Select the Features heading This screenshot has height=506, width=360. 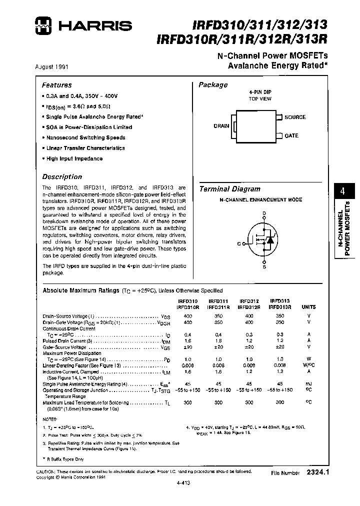coord(56,85)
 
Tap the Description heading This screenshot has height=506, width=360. coord(62,176)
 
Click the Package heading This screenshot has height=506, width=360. coord(213,85)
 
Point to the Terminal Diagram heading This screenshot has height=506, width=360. coord(229,189)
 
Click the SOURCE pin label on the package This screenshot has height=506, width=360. coord(295,117)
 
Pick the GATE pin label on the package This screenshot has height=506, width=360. coord(291,135)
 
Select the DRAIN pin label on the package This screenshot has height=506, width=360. coord(221,126)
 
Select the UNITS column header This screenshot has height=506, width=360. coord(308,307)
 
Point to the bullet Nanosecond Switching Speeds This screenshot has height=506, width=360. coord(85,137)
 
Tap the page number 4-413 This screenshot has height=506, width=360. coord(183,483)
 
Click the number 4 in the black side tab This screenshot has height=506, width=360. coord(342,191)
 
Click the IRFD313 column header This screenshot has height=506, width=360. coord(279,301)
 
